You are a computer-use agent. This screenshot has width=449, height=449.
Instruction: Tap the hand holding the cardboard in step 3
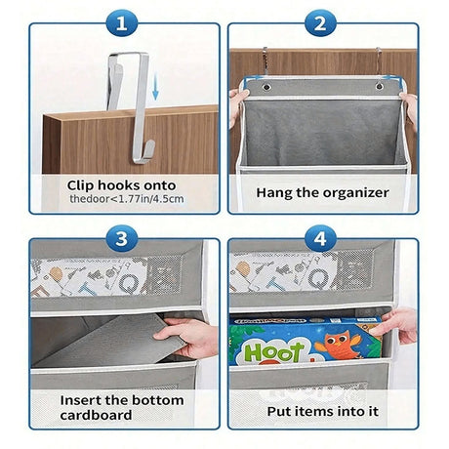click(190, 337)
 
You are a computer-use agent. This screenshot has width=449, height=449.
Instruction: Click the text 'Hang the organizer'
click(321, 192)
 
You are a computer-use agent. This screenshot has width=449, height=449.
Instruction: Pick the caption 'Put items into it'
click(321, 411)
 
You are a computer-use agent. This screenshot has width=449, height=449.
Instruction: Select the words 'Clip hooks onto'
click(123, 184)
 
